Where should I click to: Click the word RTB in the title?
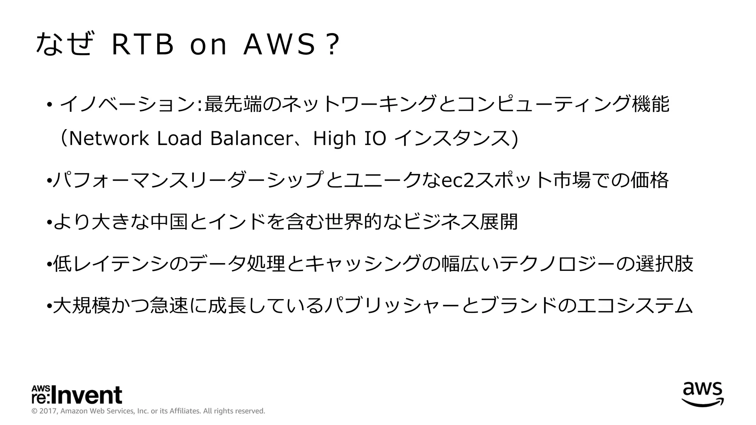pyautogui.click(x=142, y=45)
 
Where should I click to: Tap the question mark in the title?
pyautogui.click(x=333, y=45)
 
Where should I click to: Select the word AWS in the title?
pyautogui.click(x=280, y=45)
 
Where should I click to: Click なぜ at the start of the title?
pyautogui.click(x=63, y=44)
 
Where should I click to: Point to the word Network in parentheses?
pyautogui.click(x=109, y=138)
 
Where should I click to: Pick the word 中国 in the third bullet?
pyautogui.click(x=169, y=222)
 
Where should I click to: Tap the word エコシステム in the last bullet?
pyautogui.click(x=635, y=306)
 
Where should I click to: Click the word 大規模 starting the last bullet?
pyautogui.click(x=82, y=306)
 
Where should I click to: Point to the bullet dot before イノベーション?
pyautogui.click(x=49, y=105)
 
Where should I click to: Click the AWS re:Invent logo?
pyautogui.click(x=77, y=395)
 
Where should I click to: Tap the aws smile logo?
pyautogui.click(x=702, y=394)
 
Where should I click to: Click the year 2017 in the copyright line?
pyautogui.click(x=48, y=411)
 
